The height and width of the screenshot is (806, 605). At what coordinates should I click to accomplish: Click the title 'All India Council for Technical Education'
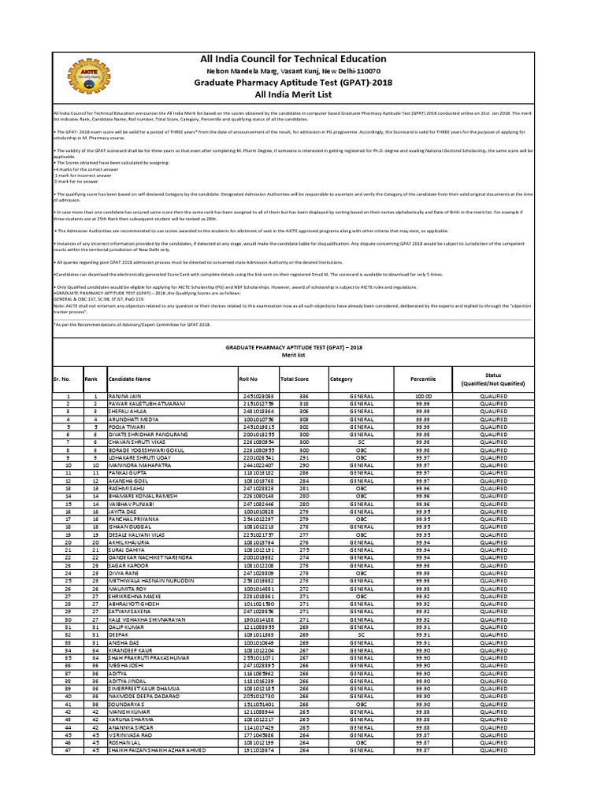(294, 59)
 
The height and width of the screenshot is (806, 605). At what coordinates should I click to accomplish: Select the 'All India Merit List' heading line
(294, 94)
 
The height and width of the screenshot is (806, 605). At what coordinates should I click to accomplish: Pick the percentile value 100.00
(424, 395)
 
